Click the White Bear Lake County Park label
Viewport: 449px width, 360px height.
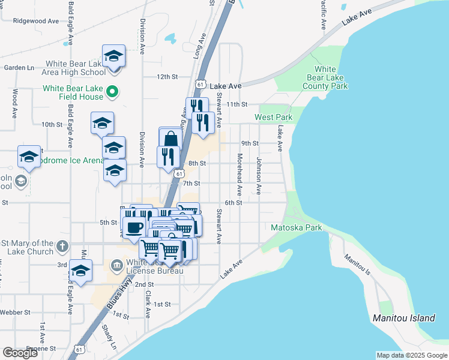(325, 77)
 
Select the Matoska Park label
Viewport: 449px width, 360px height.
(297, 227)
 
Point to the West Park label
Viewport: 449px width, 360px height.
(273, 117)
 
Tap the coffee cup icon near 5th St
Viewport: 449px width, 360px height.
(133, 227)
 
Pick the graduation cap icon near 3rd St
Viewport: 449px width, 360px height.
(80, 271)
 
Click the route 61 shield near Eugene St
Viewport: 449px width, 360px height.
(79, 349)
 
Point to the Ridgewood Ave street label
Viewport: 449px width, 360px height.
(36, 20)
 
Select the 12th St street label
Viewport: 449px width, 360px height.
(167, 77)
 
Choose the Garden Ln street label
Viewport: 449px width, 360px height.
(19, 68)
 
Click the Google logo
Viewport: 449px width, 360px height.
(20, 352)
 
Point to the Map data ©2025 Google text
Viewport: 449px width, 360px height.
(411, 355)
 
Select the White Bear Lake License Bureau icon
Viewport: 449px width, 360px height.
(116, 265)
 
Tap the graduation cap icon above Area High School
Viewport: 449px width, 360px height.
(113, 56)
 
